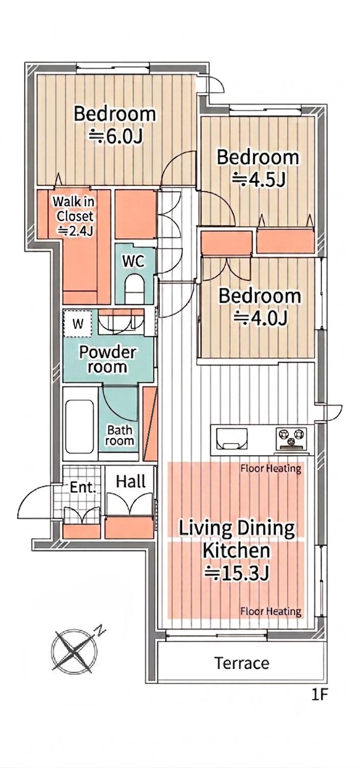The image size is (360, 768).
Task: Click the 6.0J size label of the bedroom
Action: pos(116,137)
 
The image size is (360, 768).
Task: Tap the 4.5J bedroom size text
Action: pos(259,179)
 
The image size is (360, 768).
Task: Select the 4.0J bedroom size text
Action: pos(260,318)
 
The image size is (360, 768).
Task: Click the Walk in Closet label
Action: pos(74,216)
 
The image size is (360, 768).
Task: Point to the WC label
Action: pos(133,262)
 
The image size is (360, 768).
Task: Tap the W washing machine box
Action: pos(78,323)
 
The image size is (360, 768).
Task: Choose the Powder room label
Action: pos(108,359)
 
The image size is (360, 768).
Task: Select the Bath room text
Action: pos(119,435)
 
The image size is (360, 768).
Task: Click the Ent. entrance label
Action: pos(83,487)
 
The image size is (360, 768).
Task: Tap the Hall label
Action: pos(130,482)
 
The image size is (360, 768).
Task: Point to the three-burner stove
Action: pos(291,439)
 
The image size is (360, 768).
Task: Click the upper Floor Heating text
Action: pos(271,468)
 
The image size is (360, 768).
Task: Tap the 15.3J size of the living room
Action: pos(237,572)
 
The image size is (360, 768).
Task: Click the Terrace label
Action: pos(242,663)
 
